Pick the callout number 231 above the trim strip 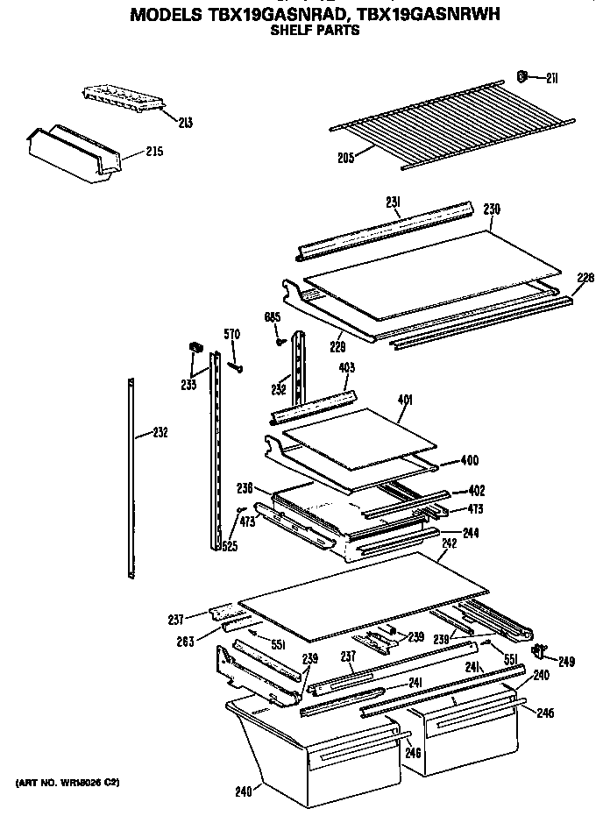(394, 202)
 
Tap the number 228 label (585, 278)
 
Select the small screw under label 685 (279, 341)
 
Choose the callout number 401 (405, 401)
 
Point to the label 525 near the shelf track (229, 547)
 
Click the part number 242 (449, 543)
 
